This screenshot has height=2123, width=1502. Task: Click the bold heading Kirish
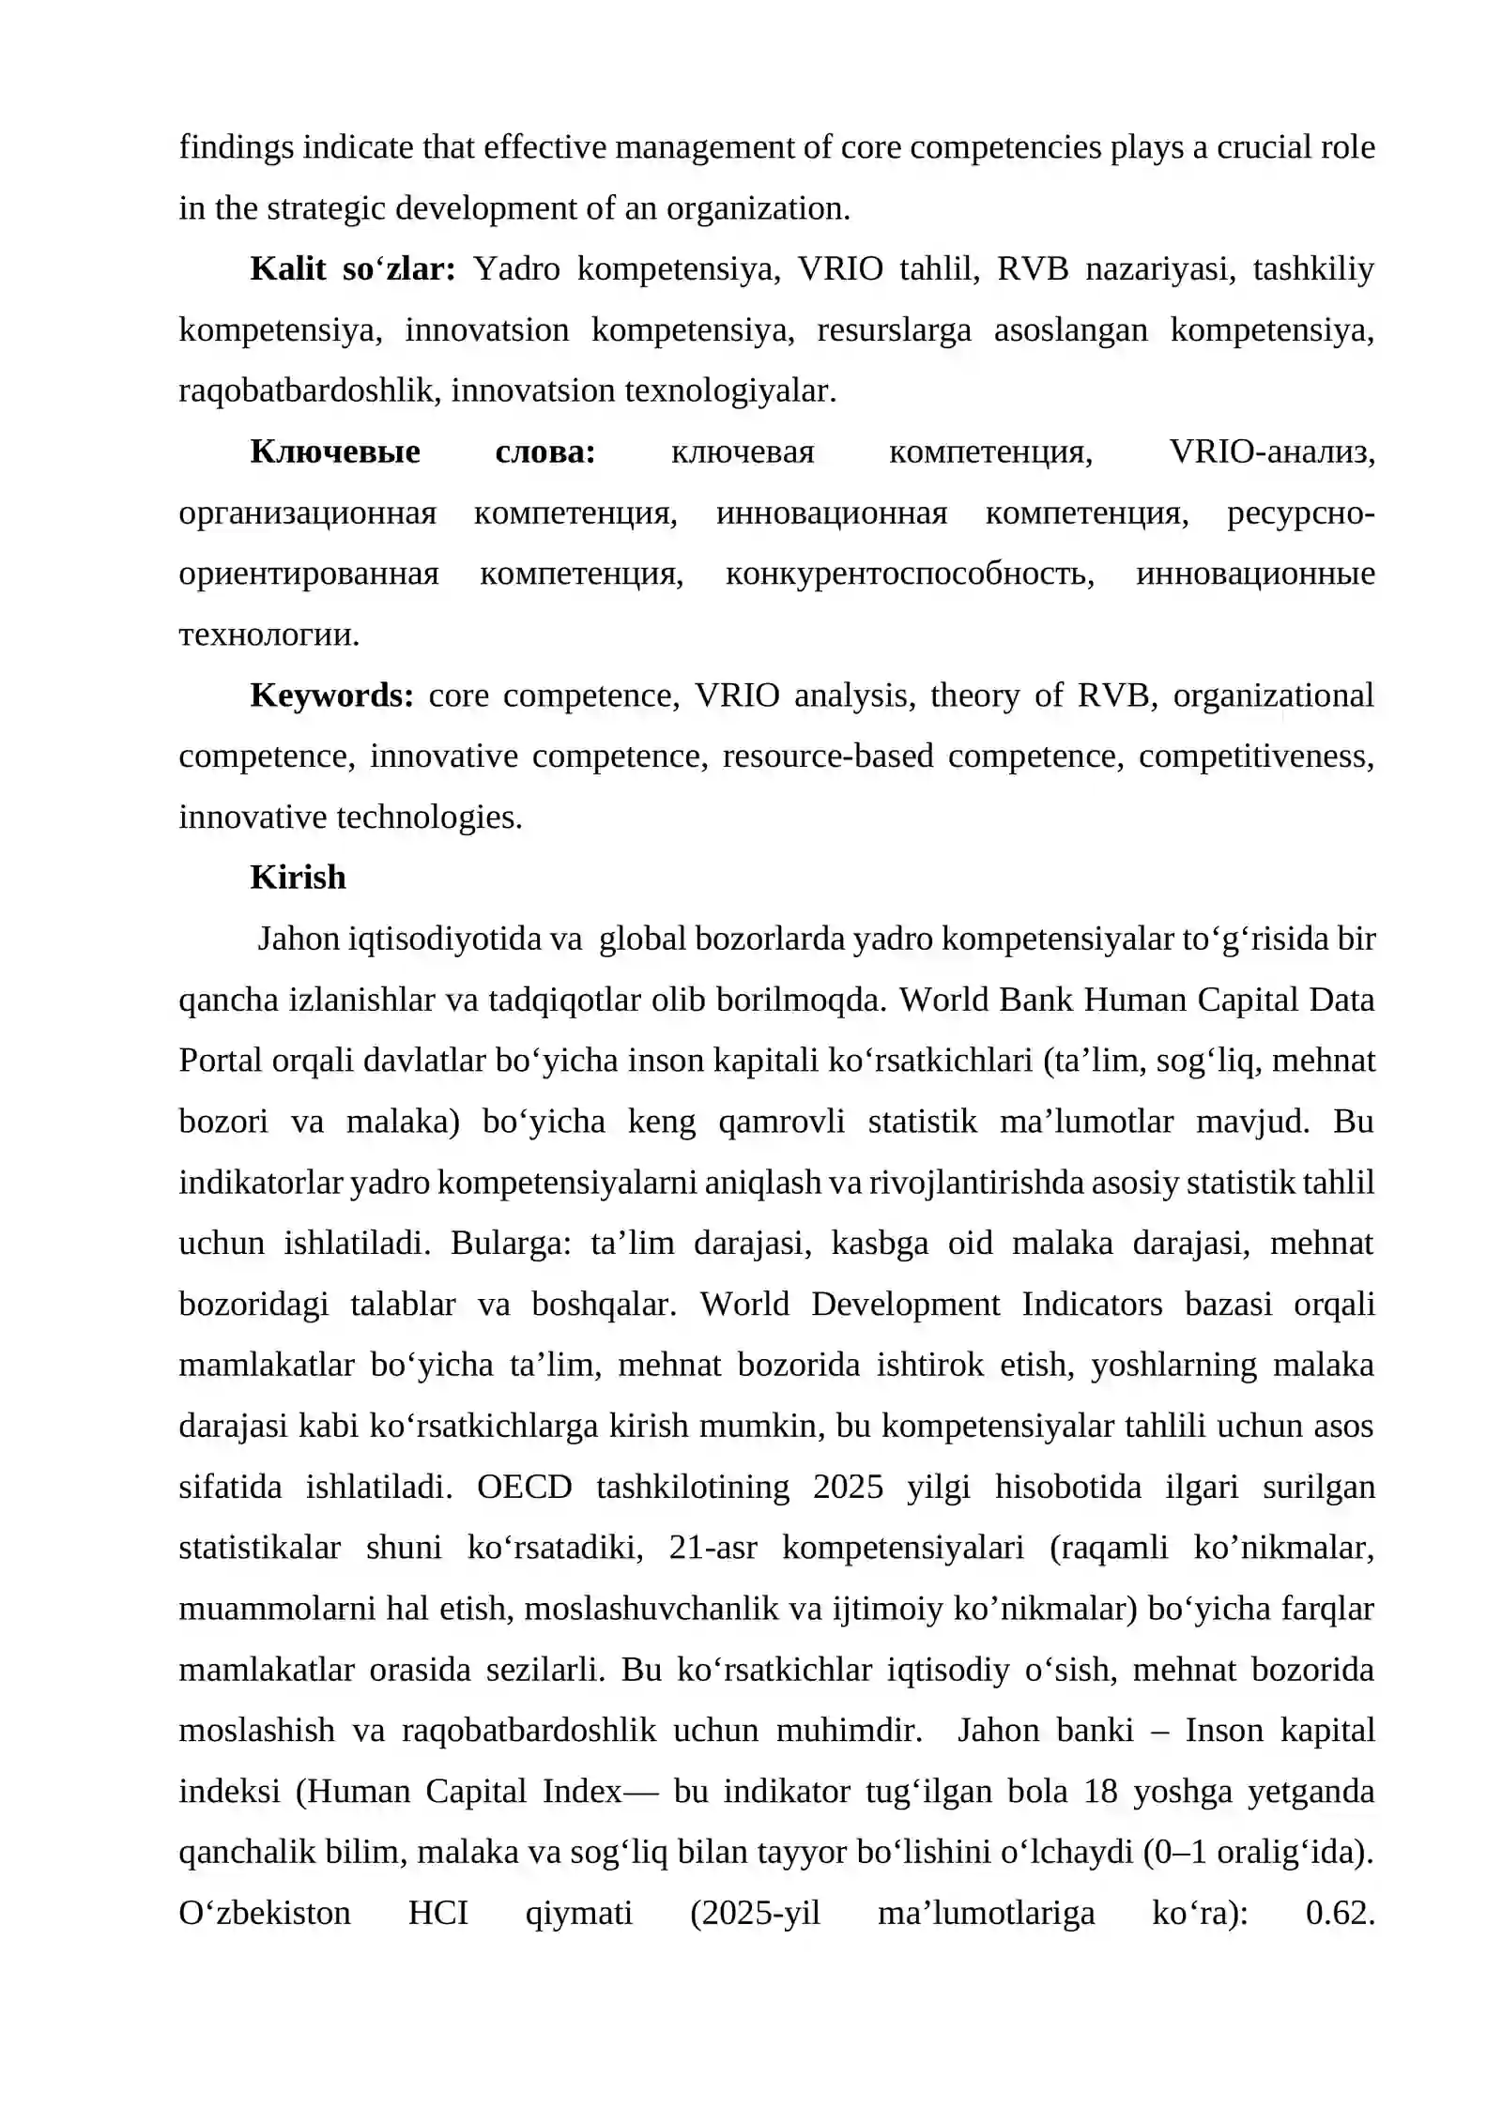tap(298, 878)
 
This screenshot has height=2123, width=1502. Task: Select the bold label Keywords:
tap(331, 695)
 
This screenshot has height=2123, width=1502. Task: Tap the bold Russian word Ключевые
tap(335, 452)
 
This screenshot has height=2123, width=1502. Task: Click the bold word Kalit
tap(287, 269)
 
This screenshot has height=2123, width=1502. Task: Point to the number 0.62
tap(1340, 1912)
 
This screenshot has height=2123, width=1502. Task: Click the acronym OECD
tap(524, 1487)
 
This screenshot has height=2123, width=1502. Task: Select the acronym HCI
tap(437, 1912)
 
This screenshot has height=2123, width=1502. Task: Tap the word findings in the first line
tap(236, 147)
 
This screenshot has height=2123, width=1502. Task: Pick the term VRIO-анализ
tap(1271, 452)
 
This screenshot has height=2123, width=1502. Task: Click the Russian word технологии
tap(268, 635)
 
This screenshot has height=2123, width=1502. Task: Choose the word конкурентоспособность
tap(909, 573)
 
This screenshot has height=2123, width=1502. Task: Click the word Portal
tap(221, 1061)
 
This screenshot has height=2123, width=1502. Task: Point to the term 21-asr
tap(713, 1548)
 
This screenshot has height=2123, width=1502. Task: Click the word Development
tap(906, 1305)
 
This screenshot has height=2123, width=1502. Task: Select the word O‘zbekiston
tap(265, 1912)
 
